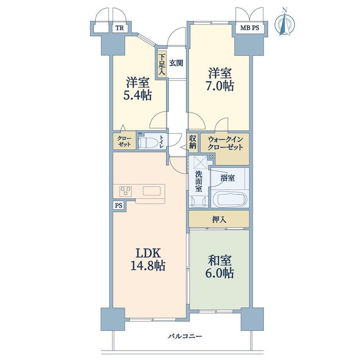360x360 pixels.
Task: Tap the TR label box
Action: [119, 28]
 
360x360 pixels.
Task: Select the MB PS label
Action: [250, 28]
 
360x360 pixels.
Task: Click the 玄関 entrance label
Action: [176, 63]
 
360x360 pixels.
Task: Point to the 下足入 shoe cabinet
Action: [161, 64]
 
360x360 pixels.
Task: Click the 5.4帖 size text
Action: [137, 95]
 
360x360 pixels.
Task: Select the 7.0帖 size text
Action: [220, 86]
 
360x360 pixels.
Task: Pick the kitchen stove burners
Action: [125, 191]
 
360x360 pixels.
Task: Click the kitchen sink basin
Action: [153, 191]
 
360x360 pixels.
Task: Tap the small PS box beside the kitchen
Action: [119, 205]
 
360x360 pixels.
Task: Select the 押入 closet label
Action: [219, 220]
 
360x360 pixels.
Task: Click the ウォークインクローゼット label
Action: [225, 143]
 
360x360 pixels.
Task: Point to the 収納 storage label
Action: [193, 142]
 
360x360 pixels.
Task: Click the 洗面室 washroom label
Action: [199, 181]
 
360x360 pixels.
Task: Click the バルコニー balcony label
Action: [185, 337]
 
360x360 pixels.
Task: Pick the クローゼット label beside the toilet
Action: [124, 141]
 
